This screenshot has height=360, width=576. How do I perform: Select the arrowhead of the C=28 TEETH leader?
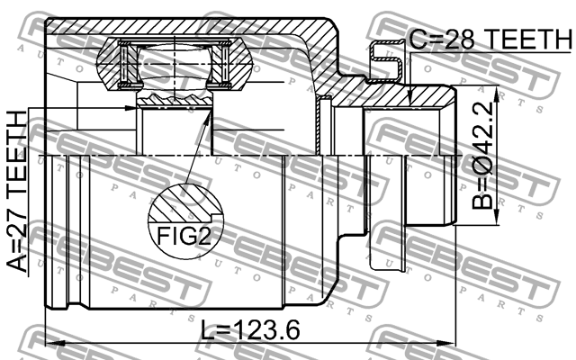click(x=409, y=101)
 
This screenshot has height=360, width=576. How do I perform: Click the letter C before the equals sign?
click(x=418, y=40)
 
